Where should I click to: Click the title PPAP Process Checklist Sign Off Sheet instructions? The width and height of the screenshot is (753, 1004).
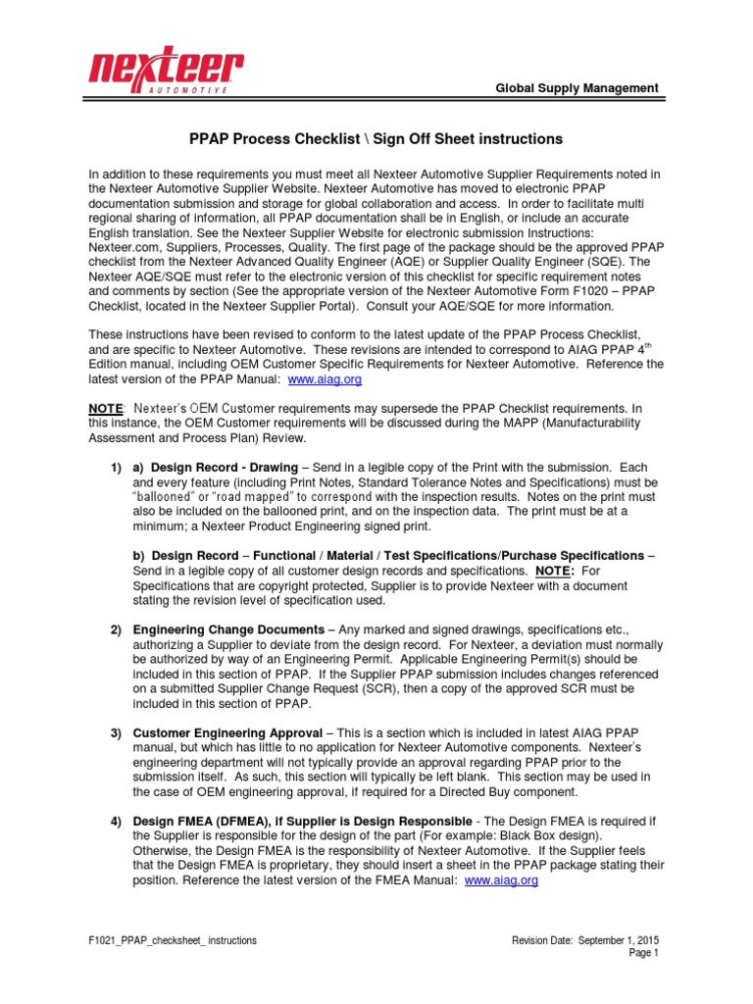pyautogui.click(x=376, y=140)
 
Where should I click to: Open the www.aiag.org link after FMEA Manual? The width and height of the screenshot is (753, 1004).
pyautogui.click(x=501, y=881)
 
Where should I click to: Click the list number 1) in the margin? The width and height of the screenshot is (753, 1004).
pyautogui.click(x=115, y=468)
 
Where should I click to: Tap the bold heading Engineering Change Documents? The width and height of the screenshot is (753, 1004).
pyautogui.click(x=227, y=628)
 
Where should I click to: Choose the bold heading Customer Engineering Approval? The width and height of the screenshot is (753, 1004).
pyautogui.click(x=226, y=732)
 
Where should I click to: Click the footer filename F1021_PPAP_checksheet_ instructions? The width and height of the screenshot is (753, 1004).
pyautogui.click(x=173, y=940)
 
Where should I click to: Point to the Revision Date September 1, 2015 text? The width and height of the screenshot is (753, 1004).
pyautogui.click(x=585, y=940)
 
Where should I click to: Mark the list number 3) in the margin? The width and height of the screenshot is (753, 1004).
pyautogui.click(x=115, y=732)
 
